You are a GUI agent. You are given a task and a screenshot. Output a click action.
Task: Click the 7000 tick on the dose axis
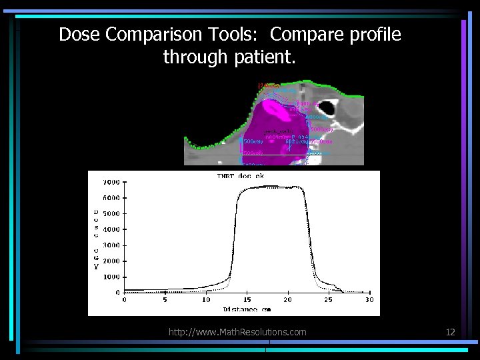point(111,182)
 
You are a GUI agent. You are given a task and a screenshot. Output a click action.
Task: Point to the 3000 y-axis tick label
point(111,245)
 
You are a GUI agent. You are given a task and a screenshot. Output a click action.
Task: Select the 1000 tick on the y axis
point(111,277)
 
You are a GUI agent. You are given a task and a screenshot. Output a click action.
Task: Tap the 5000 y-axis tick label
point(111,213)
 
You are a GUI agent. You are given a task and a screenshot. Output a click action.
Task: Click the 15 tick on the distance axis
point(247,300)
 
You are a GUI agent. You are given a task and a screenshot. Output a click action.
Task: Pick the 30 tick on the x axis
point(369,300)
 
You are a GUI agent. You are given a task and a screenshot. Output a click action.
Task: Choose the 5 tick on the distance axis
point(165,300)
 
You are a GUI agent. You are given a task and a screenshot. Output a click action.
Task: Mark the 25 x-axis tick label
point(329,300)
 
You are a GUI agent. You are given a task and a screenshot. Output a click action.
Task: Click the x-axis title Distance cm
point(247,309)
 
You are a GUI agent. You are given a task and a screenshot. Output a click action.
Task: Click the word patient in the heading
point(263,58)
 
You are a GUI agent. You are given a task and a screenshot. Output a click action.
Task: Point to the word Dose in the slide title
point(77,35)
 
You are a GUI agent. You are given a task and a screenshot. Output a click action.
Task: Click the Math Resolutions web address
point(238,331)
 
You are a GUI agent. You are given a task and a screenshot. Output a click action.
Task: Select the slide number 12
point(451,331)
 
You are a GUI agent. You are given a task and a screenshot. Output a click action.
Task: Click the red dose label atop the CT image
point(267,85)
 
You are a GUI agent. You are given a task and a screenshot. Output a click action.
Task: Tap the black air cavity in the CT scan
point(329,107)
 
